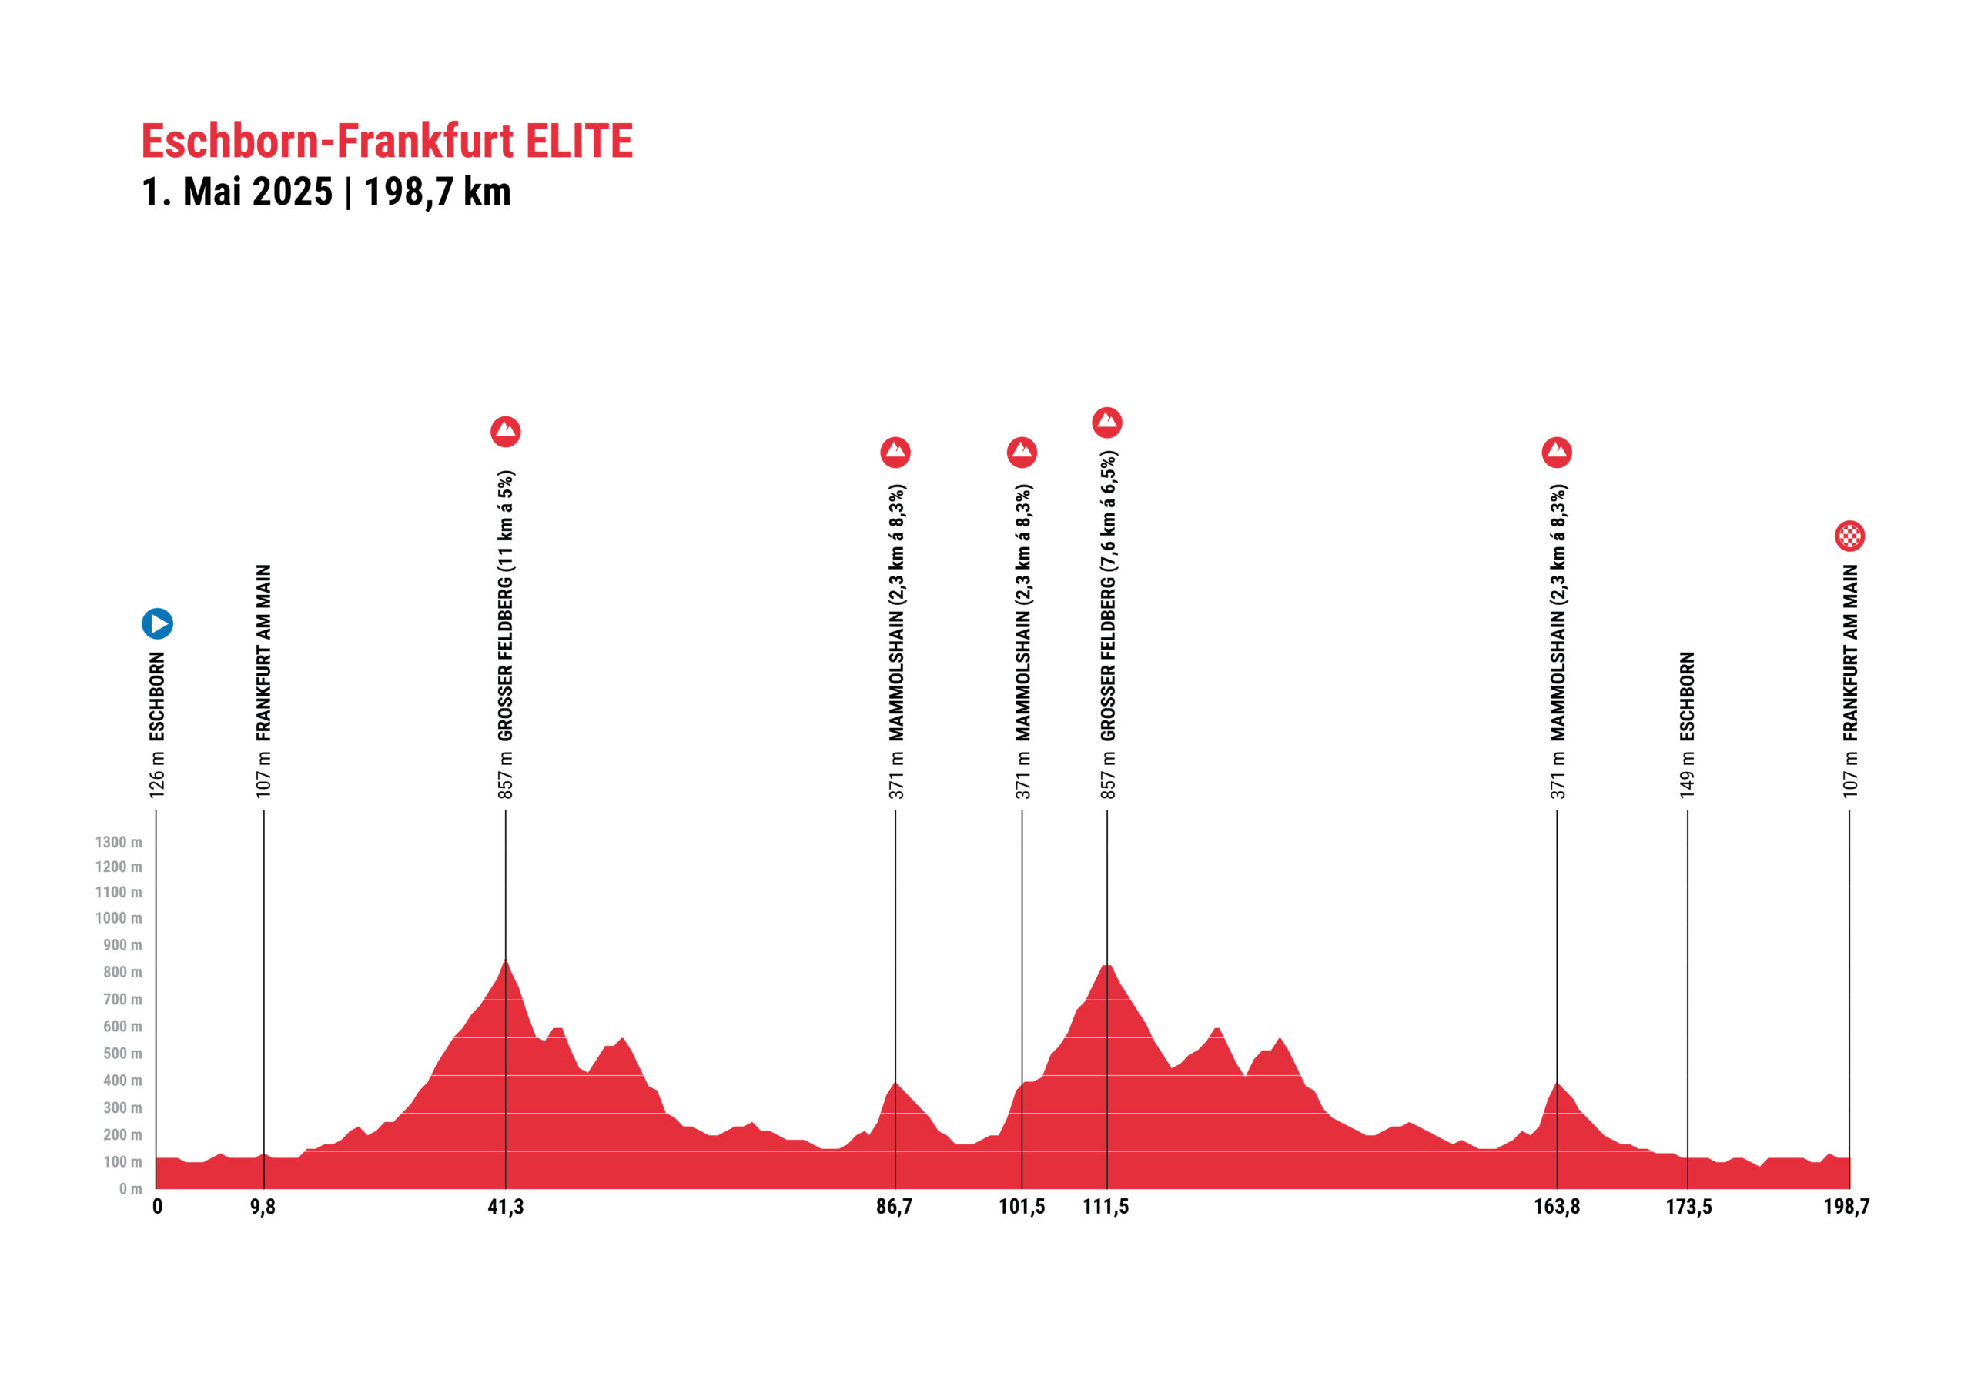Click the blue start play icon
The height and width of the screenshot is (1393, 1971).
157,623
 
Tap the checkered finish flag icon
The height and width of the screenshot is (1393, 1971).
1849,536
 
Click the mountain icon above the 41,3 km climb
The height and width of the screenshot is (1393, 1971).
506,431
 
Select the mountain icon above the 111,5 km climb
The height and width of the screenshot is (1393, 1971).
1106,422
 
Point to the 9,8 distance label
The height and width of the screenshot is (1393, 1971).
263,1207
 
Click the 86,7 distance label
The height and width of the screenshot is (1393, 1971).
895,1207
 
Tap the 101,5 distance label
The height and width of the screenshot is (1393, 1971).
1022,1207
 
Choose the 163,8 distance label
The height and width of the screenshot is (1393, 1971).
1556,1207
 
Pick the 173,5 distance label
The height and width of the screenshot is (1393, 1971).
1688,1207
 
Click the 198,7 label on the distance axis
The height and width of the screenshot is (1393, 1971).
1846,1207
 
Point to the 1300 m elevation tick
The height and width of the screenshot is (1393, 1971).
119,842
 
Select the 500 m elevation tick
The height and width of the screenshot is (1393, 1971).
122,1053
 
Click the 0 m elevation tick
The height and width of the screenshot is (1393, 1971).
130,1189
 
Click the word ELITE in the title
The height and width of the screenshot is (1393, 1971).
580,142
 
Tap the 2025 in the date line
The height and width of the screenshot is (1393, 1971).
293,192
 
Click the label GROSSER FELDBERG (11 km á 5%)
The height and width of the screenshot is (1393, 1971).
506,605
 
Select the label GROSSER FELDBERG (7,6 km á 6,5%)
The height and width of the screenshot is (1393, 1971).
1108,596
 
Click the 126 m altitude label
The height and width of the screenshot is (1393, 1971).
157,775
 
